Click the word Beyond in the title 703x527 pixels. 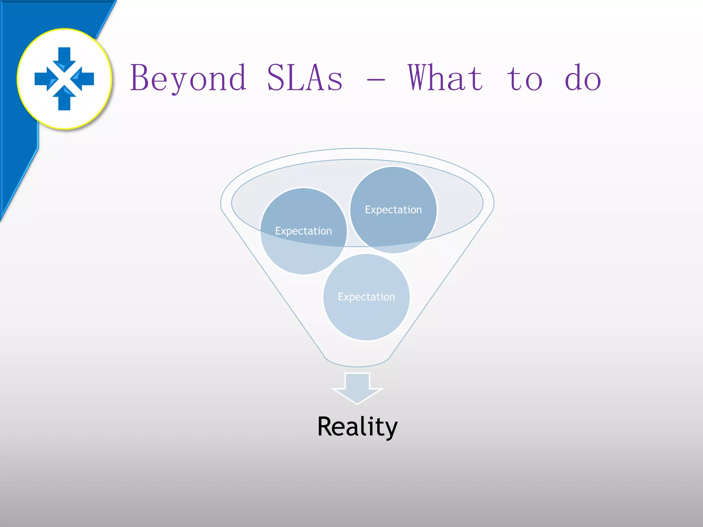(188, 78)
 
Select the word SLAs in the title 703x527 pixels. (305, 78)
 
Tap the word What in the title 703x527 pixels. (446, 78)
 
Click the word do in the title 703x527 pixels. (583, 78)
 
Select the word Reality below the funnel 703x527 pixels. (357, 426)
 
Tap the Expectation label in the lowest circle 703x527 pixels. (366, 297)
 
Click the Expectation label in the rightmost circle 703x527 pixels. (393, 210)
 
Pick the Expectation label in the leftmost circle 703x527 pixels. (303, 231)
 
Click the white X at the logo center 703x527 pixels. (64, 79)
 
